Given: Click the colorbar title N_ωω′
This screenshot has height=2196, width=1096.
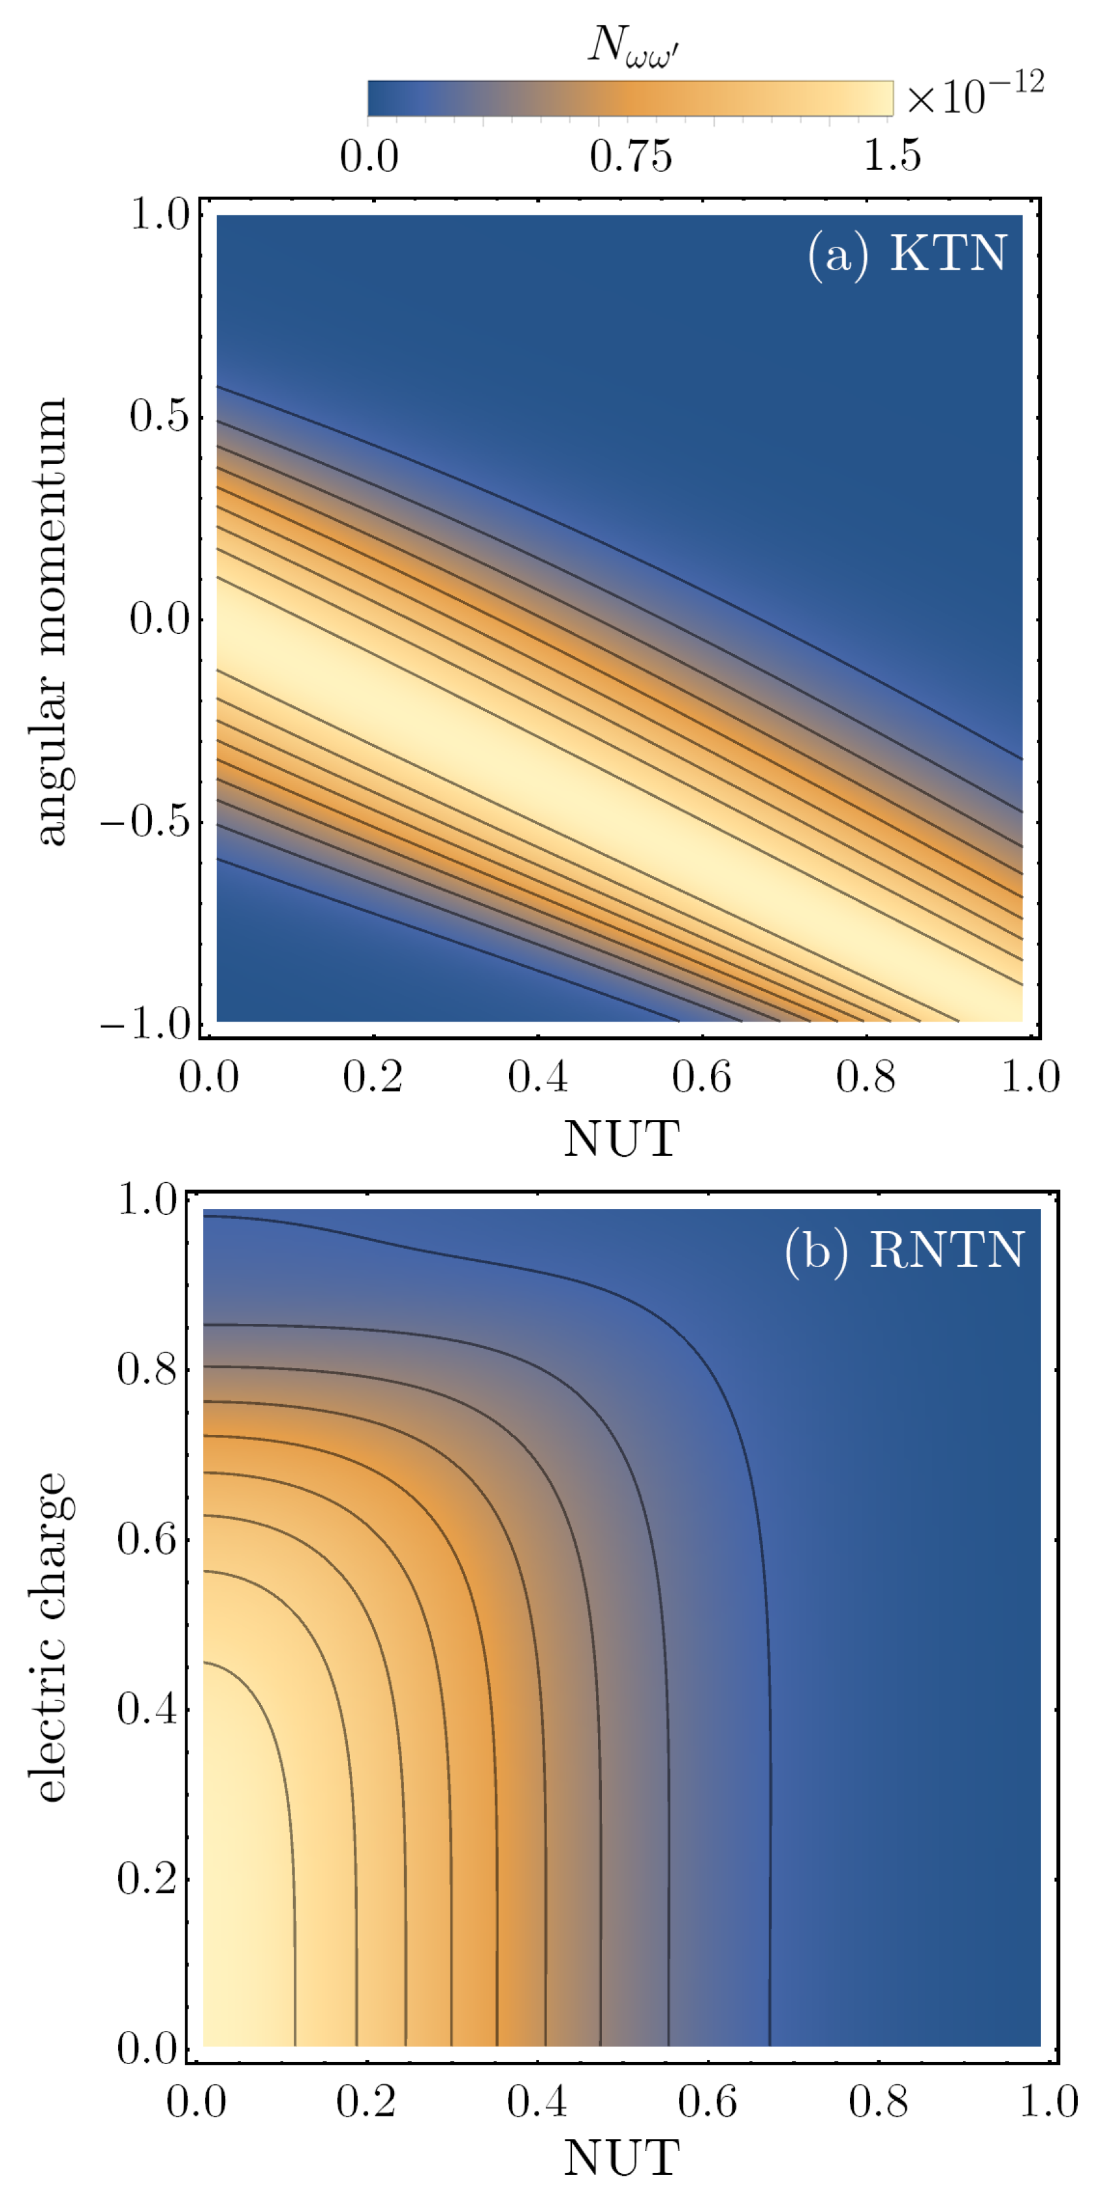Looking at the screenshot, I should click(633, 44).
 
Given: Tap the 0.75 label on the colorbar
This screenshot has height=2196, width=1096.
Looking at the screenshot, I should click(631, 157).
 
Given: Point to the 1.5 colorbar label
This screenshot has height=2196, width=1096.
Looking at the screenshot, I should click(892, 157).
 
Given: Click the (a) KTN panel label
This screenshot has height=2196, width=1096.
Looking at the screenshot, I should click(907, 255).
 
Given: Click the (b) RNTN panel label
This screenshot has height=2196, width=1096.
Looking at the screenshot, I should click(904, 1251).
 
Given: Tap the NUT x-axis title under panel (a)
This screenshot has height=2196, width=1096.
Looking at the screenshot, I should click(621, 1139).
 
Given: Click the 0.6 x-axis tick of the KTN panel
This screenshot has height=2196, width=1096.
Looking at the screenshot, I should click(702, 1078).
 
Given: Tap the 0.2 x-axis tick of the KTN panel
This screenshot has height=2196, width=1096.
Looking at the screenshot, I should click(373, 1078).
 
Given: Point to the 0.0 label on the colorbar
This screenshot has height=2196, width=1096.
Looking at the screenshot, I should click(369, 157).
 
